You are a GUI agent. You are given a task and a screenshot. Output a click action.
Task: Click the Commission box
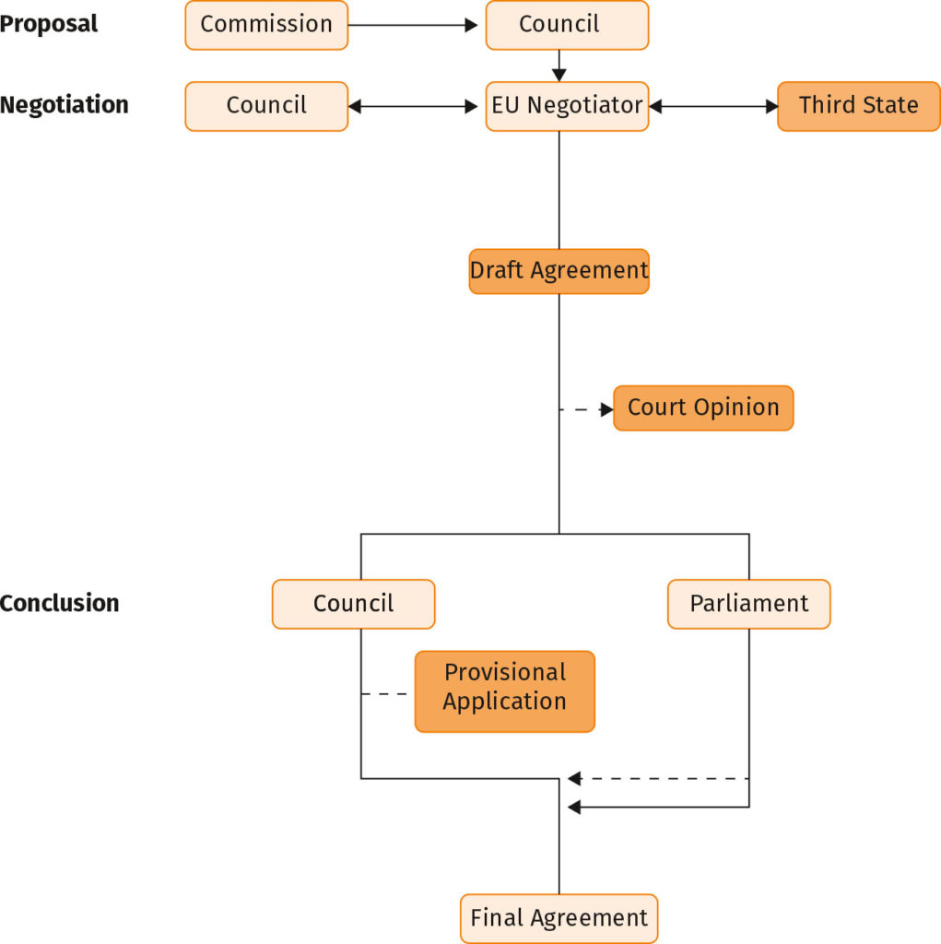tap(266, 25)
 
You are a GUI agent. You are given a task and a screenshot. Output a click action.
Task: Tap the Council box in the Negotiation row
tap(266, 106)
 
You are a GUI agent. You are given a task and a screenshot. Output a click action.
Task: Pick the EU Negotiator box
tap(567, 106)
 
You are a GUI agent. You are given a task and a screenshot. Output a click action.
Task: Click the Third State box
tap(858, 106)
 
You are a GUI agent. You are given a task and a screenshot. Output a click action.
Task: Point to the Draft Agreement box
tap(559, 271)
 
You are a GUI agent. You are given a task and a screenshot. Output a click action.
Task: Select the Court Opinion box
tap(702, 407)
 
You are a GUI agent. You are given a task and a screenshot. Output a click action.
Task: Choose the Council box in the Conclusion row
tap(353, 604)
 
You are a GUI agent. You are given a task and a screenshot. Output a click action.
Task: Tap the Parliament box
tap(748, 604)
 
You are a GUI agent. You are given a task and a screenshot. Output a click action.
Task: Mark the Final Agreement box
tap(559, 918)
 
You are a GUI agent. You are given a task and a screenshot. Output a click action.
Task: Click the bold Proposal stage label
tap(49, 24)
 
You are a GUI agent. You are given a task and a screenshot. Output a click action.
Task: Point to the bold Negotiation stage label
tap(64, 105)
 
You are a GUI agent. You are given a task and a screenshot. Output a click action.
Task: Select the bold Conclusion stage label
tap(59, 603)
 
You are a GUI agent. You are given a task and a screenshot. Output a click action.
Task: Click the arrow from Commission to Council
tap(417, 25)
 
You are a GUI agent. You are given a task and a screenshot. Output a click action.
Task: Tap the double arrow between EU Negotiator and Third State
tap(713, 106)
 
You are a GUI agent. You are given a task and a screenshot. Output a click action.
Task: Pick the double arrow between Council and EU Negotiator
tap(417, 106)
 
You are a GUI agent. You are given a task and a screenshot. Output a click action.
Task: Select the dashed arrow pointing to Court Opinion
tap(586, 408)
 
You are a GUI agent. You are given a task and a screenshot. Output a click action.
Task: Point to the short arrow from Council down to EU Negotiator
tap(559, 65)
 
